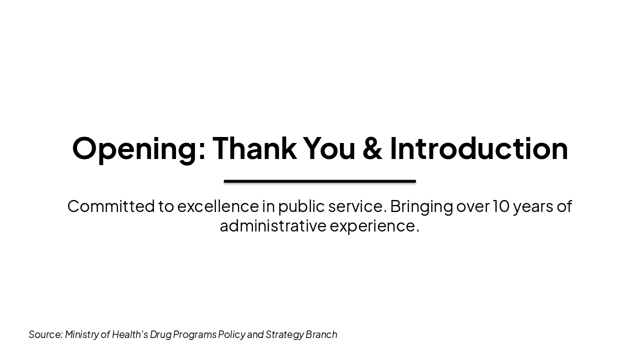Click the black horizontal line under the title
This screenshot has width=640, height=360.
pos(320,181)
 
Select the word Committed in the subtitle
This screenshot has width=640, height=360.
pos(110,206)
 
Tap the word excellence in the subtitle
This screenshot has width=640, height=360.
pos(217,206)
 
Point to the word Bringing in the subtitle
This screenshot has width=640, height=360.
pos(421,206)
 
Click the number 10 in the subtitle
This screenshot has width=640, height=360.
pos(500,206)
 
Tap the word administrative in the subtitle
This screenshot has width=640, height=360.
pos(273,225)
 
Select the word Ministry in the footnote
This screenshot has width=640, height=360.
pos(81,334)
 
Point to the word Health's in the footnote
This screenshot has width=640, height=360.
pos(130,334)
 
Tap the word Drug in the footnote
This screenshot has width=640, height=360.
pos(160,334)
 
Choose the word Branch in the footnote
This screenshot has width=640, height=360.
pos(321,334)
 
